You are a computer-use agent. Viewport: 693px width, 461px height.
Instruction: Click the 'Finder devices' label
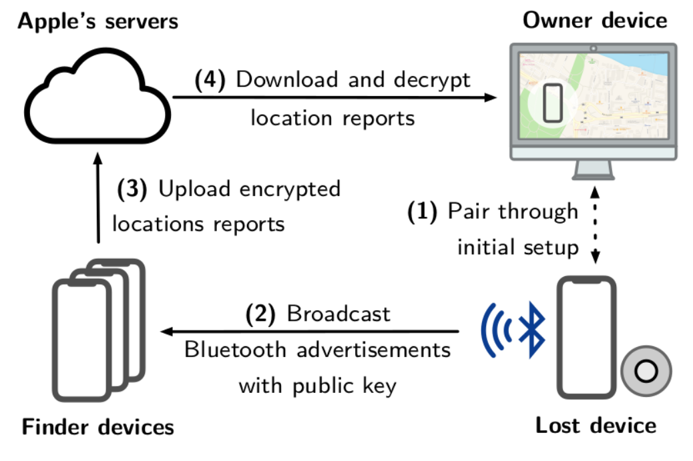coord(98,426)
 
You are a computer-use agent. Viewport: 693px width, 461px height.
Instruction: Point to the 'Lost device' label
coord(596,425)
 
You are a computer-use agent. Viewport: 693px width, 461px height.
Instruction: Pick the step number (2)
coord(261,314)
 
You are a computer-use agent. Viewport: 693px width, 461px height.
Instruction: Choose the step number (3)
coord(132,189)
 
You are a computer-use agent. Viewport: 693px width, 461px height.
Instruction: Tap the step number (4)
coord(211,80)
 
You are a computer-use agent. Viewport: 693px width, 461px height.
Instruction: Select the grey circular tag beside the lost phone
coord(645,372)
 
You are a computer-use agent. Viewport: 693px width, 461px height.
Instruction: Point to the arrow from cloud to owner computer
coord(334,97)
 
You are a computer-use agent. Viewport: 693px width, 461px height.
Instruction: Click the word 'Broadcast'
coord(338,314)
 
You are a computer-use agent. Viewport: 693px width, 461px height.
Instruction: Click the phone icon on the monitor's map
coord(553,103)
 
